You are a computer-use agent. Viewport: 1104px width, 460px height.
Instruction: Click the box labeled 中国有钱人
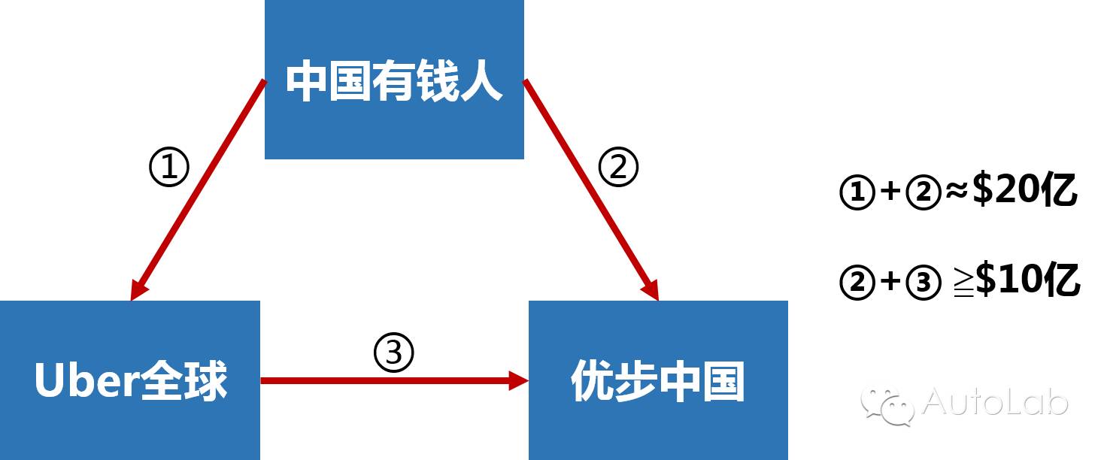point(394,79)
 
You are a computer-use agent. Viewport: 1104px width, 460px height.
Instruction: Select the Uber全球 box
point(130,380)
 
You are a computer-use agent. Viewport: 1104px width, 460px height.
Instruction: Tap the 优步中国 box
point(658,380)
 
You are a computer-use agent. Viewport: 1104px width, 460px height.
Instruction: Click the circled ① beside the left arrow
point(169,169)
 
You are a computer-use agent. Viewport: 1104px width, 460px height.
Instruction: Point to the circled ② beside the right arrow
point(618,168)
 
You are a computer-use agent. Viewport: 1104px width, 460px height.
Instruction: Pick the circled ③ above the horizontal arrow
point(394,352)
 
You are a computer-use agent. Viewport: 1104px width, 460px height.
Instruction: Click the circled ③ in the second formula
point(923,283)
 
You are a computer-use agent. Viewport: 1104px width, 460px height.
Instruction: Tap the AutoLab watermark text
point(994,402)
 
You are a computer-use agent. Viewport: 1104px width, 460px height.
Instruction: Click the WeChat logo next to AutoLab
point(887,406)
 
